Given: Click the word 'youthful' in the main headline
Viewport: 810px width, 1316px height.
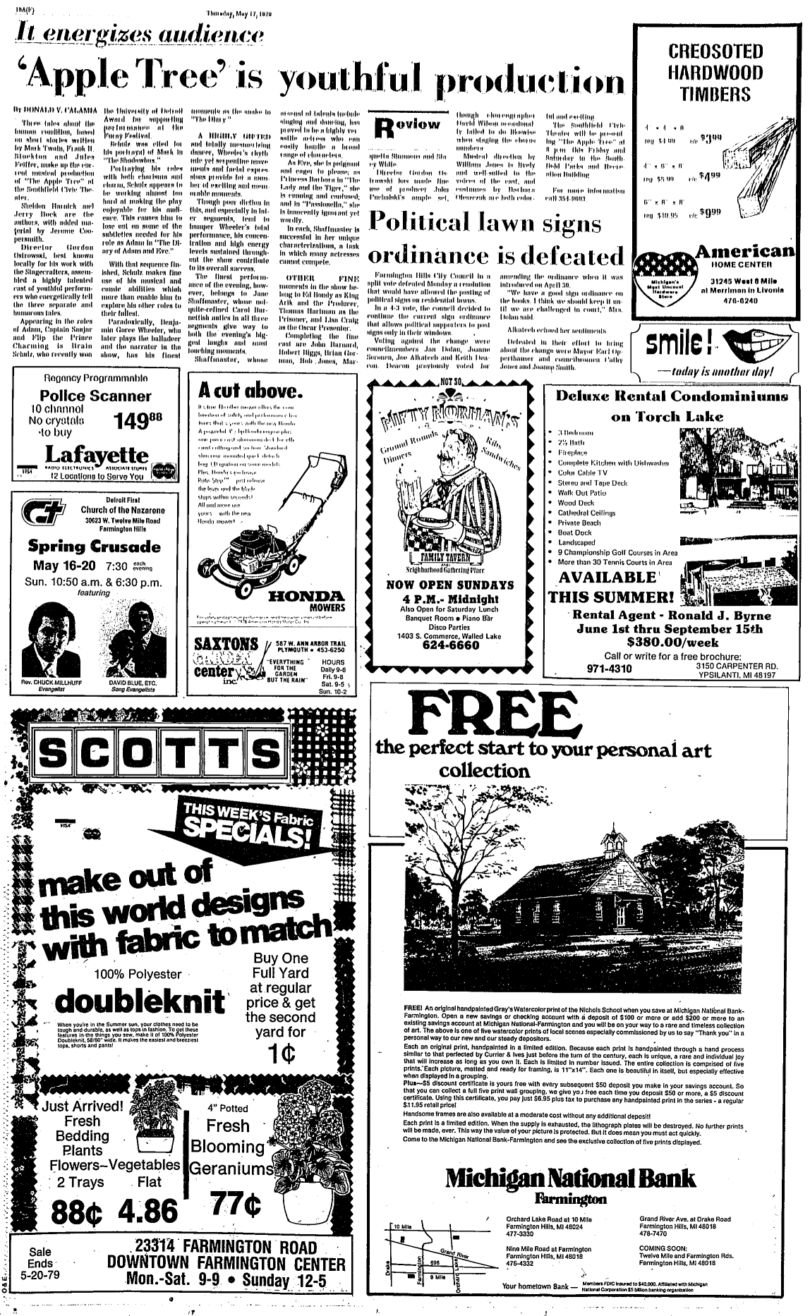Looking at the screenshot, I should click(352, 80).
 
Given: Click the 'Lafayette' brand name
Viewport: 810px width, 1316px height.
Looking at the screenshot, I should click(97, 454).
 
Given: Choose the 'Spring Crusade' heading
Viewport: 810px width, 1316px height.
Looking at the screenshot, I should click(94, 547).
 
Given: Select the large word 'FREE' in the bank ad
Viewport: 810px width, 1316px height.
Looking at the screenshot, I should click(492, 716).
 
